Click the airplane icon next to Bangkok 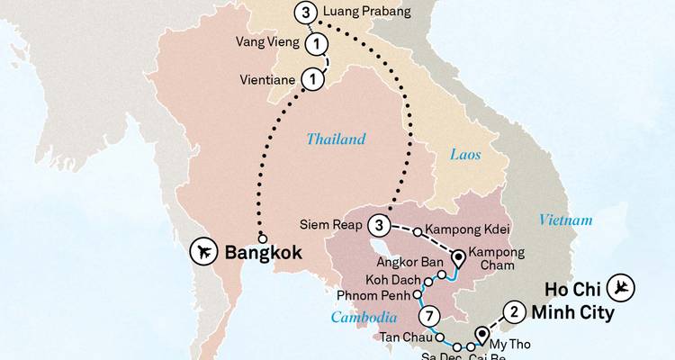(206, 252)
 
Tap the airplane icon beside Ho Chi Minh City (621, 287)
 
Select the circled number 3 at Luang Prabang (307, 13)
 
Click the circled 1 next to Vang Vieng (316, 43)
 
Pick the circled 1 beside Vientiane (311, 79)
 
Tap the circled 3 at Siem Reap (381, 223)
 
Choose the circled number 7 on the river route (431, 316)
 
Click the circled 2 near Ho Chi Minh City (513, 311)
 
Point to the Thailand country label (336, 139)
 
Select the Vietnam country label (566, 220)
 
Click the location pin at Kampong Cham (457, 258)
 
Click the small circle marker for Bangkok (262, 238)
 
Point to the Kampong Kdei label (463, 229)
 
